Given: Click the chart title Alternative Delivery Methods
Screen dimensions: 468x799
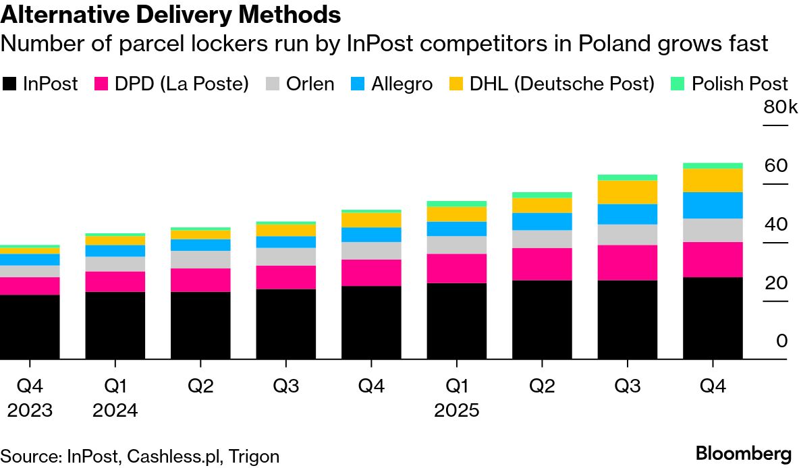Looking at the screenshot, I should coord(171,13).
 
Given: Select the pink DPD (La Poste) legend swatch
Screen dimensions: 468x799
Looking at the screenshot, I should coord(102,84).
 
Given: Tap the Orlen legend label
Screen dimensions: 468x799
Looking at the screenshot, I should coord(310,84).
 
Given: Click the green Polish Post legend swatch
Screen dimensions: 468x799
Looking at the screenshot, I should coord(677,84).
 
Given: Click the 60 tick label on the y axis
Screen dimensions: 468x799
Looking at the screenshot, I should coord(775,166).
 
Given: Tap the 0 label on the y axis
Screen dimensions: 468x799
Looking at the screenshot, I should coord(781,341).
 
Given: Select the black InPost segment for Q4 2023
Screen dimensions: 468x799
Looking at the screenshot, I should coord(30,326).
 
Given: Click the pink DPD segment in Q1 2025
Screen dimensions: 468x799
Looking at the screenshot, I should coord(457,268).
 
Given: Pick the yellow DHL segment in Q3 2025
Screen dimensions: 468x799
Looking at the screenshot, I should coord(628,192).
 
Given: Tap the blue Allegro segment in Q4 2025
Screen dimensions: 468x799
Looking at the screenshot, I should coord(713,205).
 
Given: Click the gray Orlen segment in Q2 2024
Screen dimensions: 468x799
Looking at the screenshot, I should coord(200,260).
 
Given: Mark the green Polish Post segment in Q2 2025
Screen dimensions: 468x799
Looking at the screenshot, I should coord(543,195).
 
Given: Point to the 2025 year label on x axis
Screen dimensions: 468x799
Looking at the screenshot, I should coord(457,411).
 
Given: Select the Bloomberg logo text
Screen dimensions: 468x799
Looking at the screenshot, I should coord(743,453).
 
